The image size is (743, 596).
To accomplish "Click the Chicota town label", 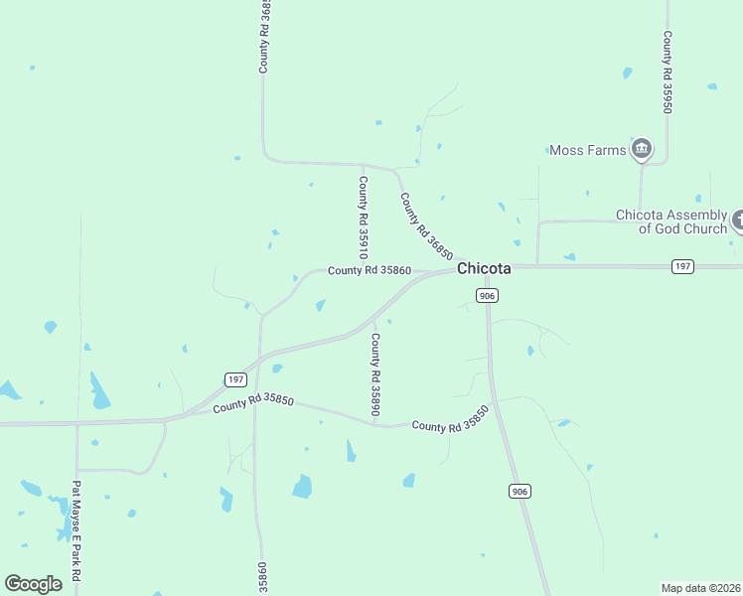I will [x=484, y=269].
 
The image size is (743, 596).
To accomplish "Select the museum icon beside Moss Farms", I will [x=642, y=150].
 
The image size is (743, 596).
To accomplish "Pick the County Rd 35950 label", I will [x=669, y=72].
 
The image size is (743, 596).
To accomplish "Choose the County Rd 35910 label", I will [x=365, y=216].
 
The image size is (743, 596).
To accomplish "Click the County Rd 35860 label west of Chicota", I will [x=370, y=270].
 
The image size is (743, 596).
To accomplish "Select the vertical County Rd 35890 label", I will [x=376, y=373].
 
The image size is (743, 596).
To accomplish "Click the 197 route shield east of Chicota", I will [x=681, y=266].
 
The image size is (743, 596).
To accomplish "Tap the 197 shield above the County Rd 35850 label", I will [x=235, y=379].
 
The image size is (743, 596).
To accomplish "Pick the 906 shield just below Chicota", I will [x=487, y=296].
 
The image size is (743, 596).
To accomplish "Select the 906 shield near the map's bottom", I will [x=520, y=491].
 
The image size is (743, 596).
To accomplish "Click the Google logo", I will [x=33, y=584].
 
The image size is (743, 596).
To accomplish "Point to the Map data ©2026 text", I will [x=700, y=588].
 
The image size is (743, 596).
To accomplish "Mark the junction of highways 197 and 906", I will [x=487, y=267].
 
